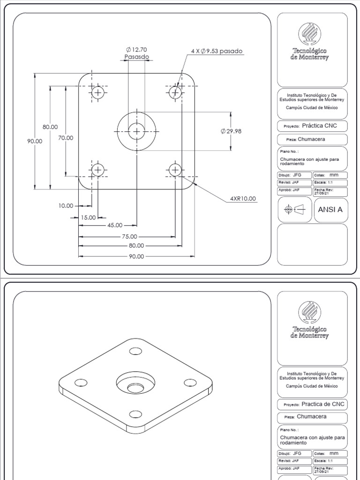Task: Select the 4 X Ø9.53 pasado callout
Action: [x=217, y=51]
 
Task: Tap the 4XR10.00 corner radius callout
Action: [x=243, y=198]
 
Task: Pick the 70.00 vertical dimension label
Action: [x=66, y=138]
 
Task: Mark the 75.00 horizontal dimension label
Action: [x=130, y=237]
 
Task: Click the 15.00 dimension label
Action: [x=88, y=217]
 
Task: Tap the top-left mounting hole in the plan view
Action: [x=98, y=92]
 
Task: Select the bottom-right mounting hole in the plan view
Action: [x=175, y=170]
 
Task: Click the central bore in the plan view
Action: [x=136, y=131]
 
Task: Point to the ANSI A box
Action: [x=330, y=210]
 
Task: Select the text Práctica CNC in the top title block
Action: [x=319, y=126]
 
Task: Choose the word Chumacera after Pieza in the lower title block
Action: [x=312, y=416]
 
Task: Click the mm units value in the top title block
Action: [x=334, y=175]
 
